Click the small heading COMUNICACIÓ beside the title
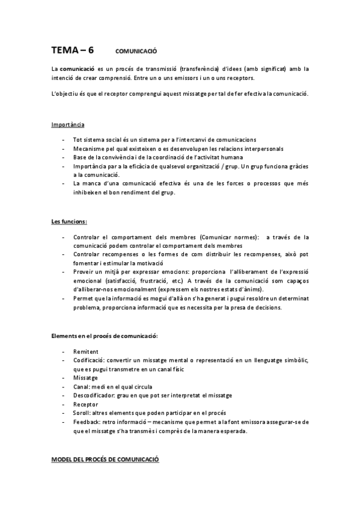(x=136, y=51)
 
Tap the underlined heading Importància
(x=67, y=124)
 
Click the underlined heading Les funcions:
(x=69, y=221)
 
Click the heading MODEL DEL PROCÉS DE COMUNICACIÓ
(x=105, y=459)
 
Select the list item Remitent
(x=85, y=351)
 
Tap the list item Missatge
(x=85, y=377)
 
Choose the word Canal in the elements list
(x=80, y=386)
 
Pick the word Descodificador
(x=93, y=395)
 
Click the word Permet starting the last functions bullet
(x=83, y=298)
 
